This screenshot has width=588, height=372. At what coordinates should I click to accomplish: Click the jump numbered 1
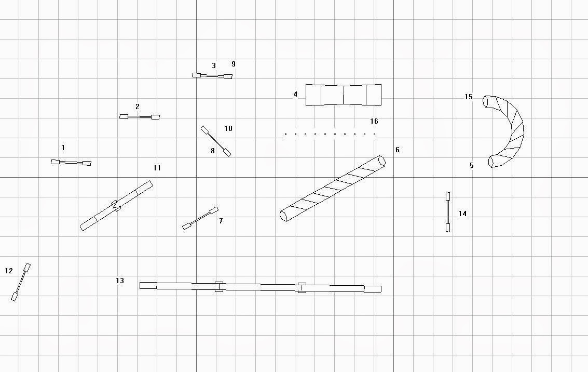pyautogui.click(x=71, y=163)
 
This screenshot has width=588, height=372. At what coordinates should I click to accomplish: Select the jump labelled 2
pyautogui.click(x=140, y=117)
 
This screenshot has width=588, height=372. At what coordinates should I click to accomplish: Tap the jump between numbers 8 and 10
pyautogui.click(x=216, y=141)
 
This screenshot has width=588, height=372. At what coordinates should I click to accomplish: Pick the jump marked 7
pyautogui.click(x=200, y=218)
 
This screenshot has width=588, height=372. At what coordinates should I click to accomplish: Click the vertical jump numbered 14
pyautogui.click(x=447, y=212)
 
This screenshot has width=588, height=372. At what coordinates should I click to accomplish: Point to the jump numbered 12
pyautogui.click(x=21, y=282)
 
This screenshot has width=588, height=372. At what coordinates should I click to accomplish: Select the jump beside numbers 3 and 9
pyautogui.click(x=212, y=76)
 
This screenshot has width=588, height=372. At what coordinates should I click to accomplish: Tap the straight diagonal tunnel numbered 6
pyautogui.click(x=333, y=188)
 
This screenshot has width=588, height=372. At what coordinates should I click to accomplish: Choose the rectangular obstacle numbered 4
pyautogui.click(x=343, y=95)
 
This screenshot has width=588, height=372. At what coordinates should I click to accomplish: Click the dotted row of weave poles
pyautogui.click(x=330, y=134)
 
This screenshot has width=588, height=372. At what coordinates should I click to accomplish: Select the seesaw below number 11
pyautogui.click(x=116, y=205)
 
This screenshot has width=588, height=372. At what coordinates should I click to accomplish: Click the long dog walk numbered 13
pyautogui.click(x=260, y=287)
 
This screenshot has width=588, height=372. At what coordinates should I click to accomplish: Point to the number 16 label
pyautogui.click(x=374, y=122)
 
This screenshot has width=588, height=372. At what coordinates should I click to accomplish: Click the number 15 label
pyautogui.click(x=469, y=97)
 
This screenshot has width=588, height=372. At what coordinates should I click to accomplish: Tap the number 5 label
pyautogui.click(x=471, y=166)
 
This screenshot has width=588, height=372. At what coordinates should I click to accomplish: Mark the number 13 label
pyautogui.click(x=120, y=281)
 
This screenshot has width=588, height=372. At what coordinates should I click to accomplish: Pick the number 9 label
pyautogui.click(x=234, y=64)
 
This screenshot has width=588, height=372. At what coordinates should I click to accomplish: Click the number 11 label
pyautogui.click(x=157, y=168)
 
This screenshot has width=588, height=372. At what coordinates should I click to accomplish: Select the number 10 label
pyautogui.click(x=228, y=128)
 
